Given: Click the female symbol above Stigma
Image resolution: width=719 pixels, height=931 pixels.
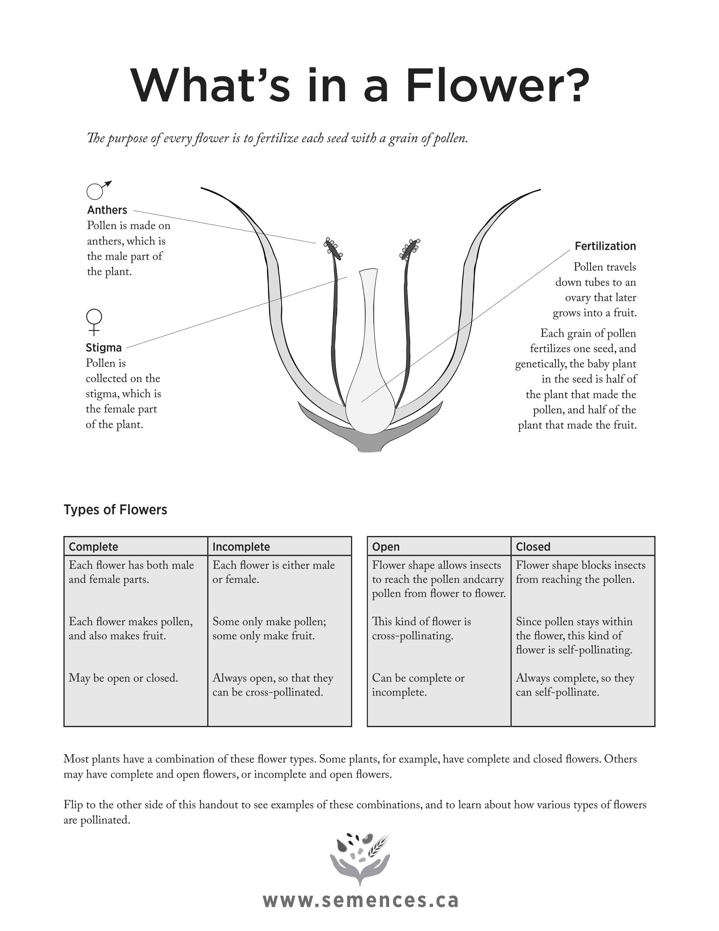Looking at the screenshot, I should (x=94, y=322).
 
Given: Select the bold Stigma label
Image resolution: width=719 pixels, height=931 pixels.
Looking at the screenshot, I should (x=103, y=348).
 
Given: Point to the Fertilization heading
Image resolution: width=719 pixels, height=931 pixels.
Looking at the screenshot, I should (x=605, y=246).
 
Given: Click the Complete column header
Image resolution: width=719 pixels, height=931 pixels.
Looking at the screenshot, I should (x=93, y=547).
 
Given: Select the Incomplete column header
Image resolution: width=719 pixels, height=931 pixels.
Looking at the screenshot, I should (x=241, y=547).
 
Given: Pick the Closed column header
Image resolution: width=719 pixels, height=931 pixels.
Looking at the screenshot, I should (x=533, y=547).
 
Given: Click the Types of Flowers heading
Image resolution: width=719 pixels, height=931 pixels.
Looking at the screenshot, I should (x=115, y=510).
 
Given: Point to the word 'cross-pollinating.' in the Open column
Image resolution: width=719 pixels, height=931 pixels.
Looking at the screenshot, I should (x=412, y=636).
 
